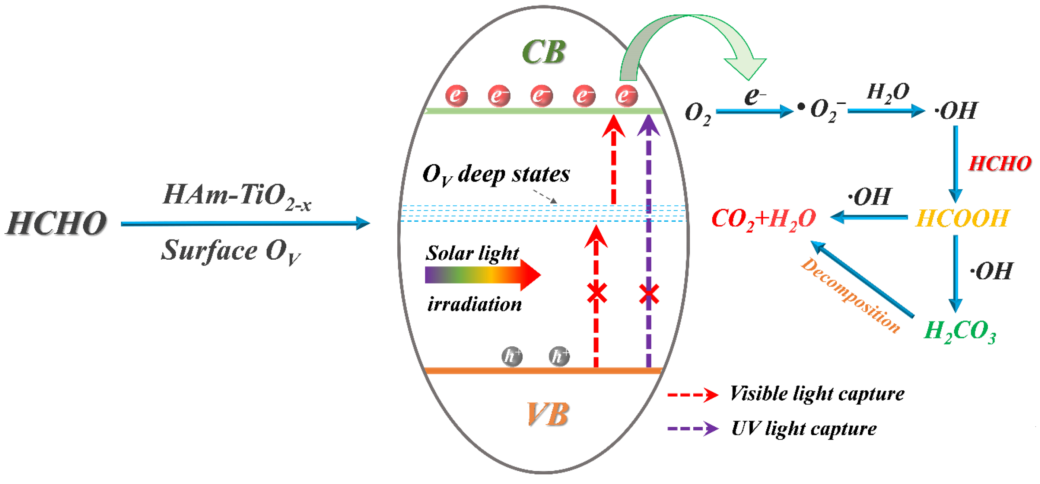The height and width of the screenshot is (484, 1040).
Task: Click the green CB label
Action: point(543,52)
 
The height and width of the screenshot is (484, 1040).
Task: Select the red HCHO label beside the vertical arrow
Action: point(1000,164)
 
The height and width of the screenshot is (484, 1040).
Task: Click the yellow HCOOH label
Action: point(962,218)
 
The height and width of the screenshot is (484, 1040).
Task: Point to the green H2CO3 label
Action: point(960,331)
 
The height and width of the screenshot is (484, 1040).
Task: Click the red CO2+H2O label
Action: point(763,219)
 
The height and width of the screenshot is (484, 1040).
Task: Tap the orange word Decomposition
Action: point(850,296)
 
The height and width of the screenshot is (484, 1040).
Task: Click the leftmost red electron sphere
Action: point(456,96)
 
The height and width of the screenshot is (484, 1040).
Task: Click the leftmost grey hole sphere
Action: point(512,356)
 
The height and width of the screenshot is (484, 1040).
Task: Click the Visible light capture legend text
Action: point(817,394)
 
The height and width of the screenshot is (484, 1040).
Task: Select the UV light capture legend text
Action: point(804,428)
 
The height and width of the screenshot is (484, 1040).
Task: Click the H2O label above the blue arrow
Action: point(888,92)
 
